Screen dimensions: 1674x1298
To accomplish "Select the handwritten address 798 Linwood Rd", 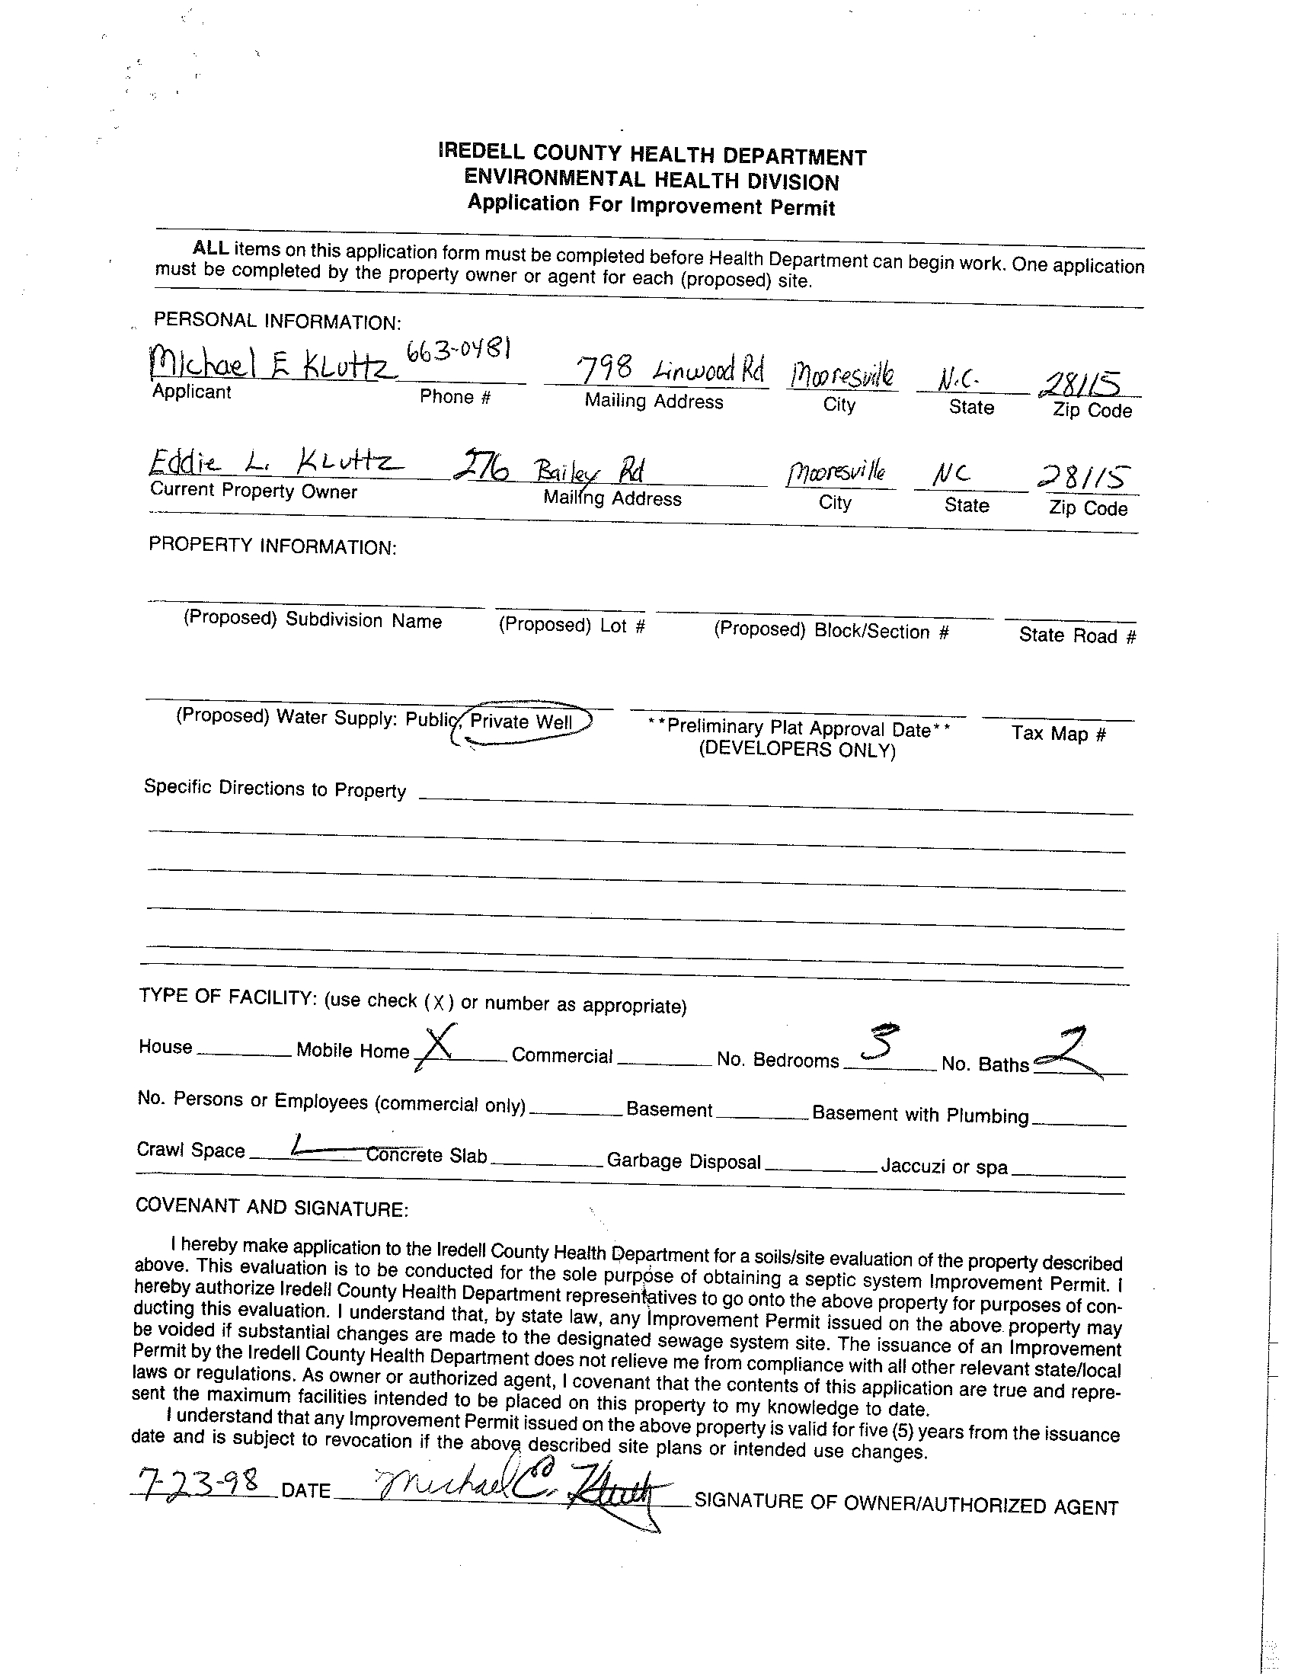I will (x=671, y=370).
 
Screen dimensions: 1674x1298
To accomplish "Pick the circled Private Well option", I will (x=523, y=722).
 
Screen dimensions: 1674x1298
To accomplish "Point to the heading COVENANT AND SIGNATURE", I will (x=271, y=1208).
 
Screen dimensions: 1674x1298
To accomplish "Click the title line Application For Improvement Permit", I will (x=651, y=206).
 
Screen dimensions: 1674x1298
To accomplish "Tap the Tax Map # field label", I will (x=1059, y=734).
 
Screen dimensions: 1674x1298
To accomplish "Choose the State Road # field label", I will (x=1076, y=635).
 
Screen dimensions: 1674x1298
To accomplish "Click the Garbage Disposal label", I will (x=683, y=1162).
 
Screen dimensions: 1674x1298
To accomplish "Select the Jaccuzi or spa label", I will (x=944, y=1167).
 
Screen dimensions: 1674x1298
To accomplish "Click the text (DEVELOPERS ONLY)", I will (x=797, y=750).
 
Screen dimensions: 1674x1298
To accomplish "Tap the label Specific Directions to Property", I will (x=275, y=789).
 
